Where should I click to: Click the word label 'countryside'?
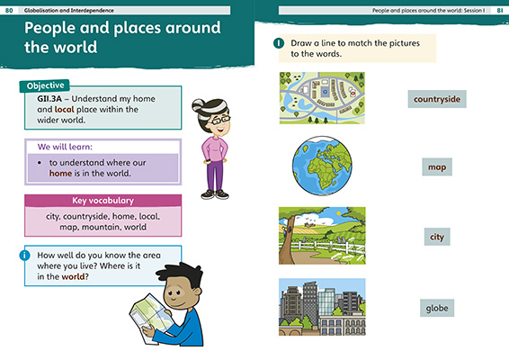pos(436,98)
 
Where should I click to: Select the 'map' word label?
pos(437,166)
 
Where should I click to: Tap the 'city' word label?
pos(437,237)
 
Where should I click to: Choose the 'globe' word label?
pos(436,309)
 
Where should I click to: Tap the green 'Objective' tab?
pos(44,85)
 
